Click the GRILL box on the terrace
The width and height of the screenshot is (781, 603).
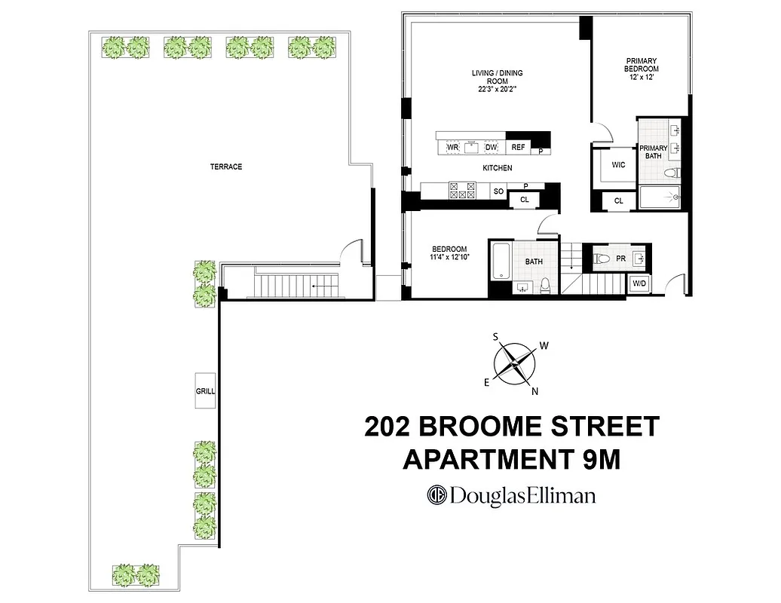pyautogui.click(x=205, y=391)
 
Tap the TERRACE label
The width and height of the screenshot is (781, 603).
pyautogui.click(x=226, y=167)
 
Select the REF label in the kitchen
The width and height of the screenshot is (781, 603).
pyautogui.click(x=518, y=147)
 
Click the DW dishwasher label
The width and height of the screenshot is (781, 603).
pyautogui.click(x=491, y=147)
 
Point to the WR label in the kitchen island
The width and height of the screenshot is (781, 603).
pyautogui.click(x=453, y=147)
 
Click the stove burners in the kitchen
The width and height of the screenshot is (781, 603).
pyautogui.click(x=462, y=190)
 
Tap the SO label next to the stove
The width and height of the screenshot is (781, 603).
pyautogui.click(x=498, y=191)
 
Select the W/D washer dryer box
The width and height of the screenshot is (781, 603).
pyautogui.click(x=639, y=284)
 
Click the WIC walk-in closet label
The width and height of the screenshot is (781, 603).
pyautogui.click(x=619, y=164)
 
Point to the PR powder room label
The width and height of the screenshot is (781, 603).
pyautogui.click(x=620, y=259)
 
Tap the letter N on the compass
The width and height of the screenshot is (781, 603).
pyautogui.click(x=534, y=391)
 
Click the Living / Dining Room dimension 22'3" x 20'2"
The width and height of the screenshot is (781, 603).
pyautogui.click(x=497, y=90)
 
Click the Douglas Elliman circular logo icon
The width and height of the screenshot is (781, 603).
pyautogui.click(x=437, y=495)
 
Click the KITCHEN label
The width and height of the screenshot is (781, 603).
pyautogui.click(x=498, y=168)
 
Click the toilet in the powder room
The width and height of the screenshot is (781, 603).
pyautogui.click(x=602, y=259)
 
